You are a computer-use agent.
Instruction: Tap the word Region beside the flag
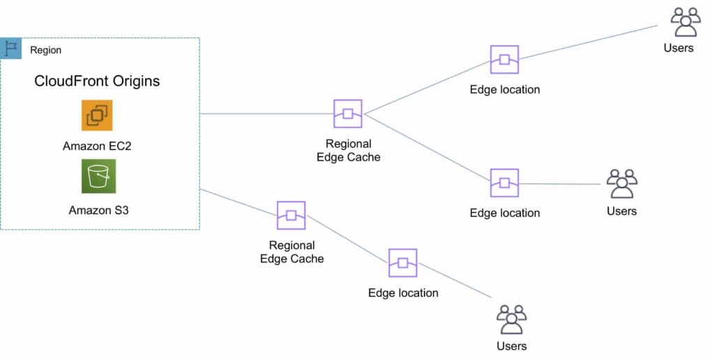45,50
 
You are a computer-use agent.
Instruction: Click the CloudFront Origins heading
97,81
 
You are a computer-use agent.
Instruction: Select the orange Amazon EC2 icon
97,115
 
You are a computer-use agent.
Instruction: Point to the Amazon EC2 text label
97,146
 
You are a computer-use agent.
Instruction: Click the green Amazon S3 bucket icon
98,176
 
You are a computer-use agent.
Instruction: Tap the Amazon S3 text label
98,209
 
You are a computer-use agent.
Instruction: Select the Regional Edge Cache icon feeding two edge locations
347,114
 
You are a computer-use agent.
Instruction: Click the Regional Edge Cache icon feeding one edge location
291,215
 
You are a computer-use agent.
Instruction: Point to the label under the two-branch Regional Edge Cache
348,151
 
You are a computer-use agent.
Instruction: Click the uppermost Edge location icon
504,60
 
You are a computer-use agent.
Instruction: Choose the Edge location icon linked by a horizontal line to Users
504,183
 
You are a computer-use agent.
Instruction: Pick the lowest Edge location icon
402,263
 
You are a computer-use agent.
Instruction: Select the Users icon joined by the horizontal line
621,183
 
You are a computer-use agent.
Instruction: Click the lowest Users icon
511,319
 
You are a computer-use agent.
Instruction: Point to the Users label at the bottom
511,346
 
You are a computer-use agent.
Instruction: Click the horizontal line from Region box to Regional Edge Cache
265,114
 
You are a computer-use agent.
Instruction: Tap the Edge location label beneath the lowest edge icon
403,293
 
